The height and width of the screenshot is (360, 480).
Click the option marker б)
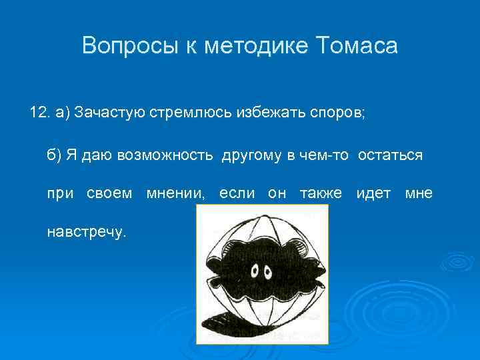pyautogui.click(x=53, y=155)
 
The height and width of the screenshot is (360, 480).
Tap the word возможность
pyautogui.click(x=165, y=155)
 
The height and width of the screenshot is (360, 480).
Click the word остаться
pyautogui.click(x=390, y=155)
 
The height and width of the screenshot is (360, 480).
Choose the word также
pyautogui.click(x=321, y=193)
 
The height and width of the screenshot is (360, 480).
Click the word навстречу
pyautogui.click(x=86, y=232)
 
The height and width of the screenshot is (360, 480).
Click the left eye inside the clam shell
pyautogui.click(x=255, y=271)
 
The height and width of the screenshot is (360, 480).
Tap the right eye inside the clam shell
pyautogui.click(x=269, y=271)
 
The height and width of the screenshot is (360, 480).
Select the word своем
pyautogui.click(x=110, y=193)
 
